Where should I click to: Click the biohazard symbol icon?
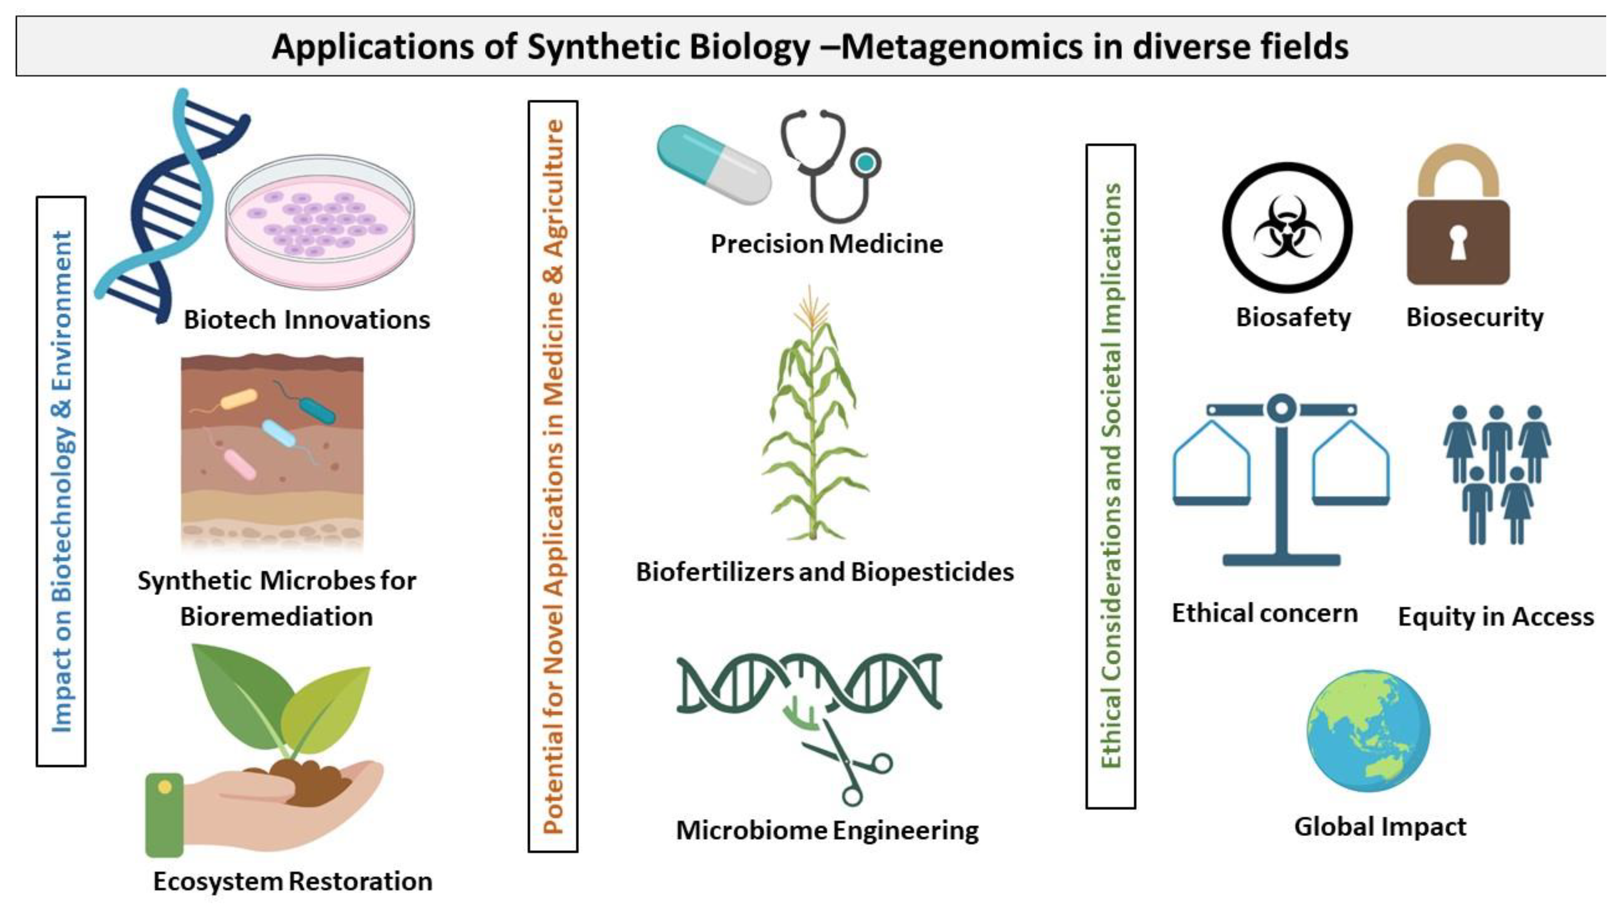[1287, 227]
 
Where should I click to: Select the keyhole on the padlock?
[1458, 242]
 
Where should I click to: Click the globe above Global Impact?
[1368, 730]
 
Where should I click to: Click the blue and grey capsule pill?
[714, 164]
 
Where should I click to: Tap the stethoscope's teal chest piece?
[866, 162]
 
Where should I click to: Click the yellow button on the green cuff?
[164, 787]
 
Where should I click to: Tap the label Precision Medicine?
[826, 244]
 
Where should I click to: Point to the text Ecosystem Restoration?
[293, 882]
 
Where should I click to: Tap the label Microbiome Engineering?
[826, 831]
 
